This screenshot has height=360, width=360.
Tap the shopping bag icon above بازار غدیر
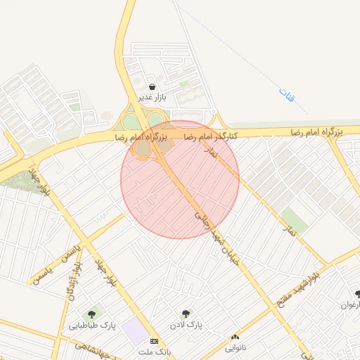152,86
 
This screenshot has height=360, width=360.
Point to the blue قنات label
284,93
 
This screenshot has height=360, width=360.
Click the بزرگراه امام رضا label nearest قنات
316,132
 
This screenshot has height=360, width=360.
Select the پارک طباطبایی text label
92,326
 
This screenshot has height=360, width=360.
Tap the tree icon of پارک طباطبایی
91,314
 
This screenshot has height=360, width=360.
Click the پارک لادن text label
186,326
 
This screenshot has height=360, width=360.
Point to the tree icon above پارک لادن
186,314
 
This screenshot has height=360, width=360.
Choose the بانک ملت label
155,351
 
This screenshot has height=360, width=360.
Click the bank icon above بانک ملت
154,341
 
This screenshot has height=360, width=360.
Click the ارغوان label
350,305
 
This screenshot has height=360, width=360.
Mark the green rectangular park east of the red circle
294,221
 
